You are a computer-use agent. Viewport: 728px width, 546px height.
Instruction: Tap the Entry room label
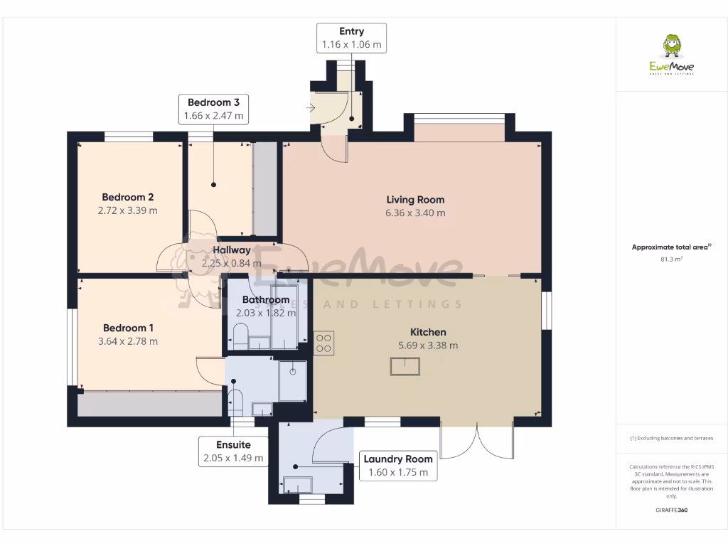352,31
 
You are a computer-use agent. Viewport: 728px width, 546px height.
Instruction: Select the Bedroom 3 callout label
213,102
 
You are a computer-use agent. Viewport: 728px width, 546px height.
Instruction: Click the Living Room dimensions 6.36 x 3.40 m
416,213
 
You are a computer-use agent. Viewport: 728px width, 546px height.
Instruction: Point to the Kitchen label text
428,332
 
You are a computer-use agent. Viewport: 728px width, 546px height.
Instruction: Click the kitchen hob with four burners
323,343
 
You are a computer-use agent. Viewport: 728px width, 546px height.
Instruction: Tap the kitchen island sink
405,366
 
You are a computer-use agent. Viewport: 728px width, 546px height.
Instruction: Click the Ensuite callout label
234,445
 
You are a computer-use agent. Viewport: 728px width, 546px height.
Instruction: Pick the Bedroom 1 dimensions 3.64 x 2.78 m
129,341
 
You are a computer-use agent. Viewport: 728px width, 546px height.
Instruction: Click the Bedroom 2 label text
128,197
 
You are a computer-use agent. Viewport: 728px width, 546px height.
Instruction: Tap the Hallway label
232,250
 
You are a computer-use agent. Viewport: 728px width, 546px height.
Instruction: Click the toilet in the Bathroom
240,337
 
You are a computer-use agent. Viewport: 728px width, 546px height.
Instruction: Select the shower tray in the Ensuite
292,380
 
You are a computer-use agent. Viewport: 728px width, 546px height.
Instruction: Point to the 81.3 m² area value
671,259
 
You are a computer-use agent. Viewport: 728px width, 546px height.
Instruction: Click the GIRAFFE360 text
671,510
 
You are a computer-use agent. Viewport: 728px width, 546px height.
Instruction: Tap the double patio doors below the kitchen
476,441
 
